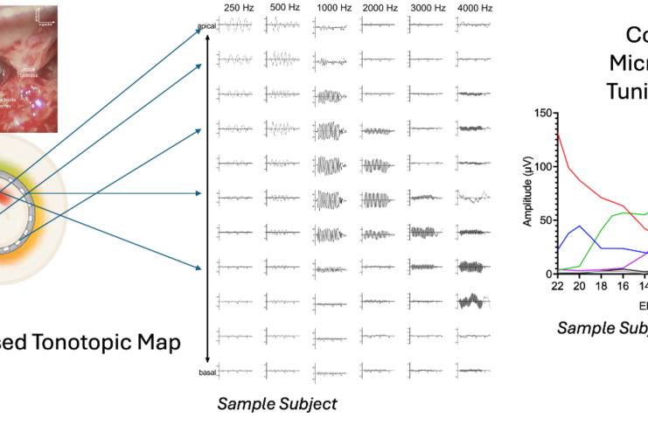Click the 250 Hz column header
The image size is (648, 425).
[239, 8]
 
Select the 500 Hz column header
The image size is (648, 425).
[284, 8]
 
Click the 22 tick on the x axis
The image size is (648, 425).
[557, 285]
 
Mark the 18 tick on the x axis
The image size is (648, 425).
[599, 285]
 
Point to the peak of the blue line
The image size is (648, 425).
[577, 226]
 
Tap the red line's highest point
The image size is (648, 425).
[557, 133]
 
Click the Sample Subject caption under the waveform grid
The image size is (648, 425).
[276, 404]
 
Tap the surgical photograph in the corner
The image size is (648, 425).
[30, 66]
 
